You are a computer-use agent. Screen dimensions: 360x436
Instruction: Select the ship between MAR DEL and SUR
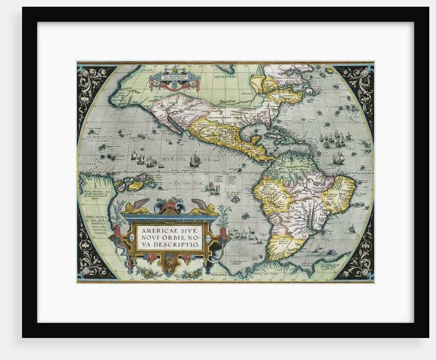(x=194, y=161)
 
